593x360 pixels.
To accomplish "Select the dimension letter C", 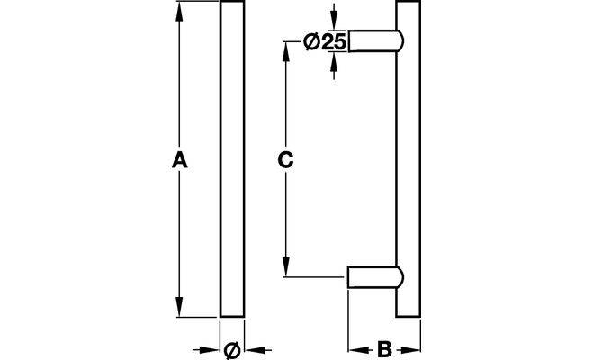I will click(x=283, y=161).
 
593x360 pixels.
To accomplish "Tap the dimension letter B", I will click(x=383, y=349).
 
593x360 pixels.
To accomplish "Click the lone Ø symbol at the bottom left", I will click(x=230, y=349).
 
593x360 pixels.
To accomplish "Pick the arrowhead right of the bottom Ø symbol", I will click(x=249, y=349).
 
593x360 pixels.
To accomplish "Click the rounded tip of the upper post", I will click(x=400, y=41).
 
